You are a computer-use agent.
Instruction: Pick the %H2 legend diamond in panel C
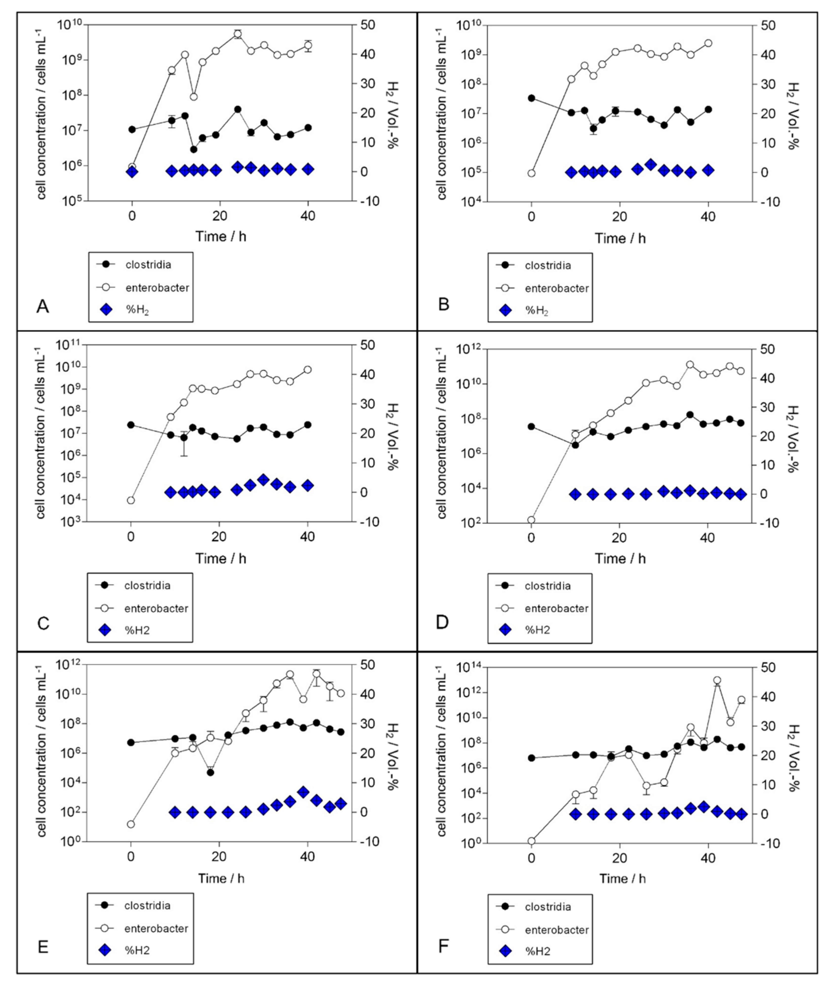(x=106, y=630)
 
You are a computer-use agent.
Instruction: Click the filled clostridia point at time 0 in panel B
(x=532, y=98)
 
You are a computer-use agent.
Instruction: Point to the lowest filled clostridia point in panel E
(x=210, y=772)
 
